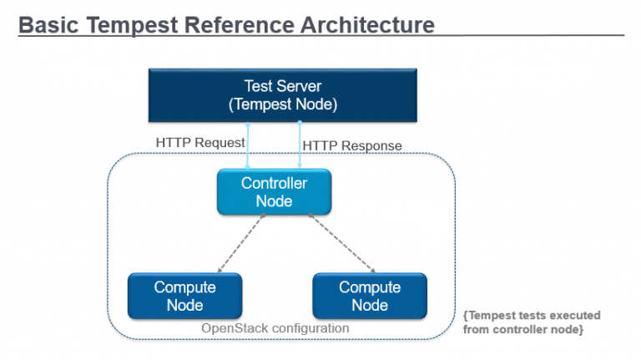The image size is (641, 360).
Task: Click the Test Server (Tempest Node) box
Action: click(x=282, y=95)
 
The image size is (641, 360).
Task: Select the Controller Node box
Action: click(x=274, y=192)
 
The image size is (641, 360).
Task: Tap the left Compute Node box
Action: click(x=184, y=296)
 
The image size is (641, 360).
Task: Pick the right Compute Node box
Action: click(x=369, y=296)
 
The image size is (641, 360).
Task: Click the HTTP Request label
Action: click(x=200, y=143)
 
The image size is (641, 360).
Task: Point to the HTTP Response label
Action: click(x=351, y=145)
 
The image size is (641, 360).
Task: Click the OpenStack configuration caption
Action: click(x=275, y=328)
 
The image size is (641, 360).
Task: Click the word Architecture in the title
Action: click(x=366, y=25)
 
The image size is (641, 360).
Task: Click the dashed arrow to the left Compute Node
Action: click(x=240, y=242)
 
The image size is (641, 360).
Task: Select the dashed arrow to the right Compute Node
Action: click(x=341, y=242)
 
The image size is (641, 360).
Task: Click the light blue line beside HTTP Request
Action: click(x=248, y=146)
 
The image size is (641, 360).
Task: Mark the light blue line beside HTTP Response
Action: click(x=299, y=146)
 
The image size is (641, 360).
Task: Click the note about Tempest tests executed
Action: click(x=530, y=322)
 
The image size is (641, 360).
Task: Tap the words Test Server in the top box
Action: click(x=282, y=86)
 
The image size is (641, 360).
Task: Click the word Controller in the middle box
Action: click(x=274, y=184)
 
